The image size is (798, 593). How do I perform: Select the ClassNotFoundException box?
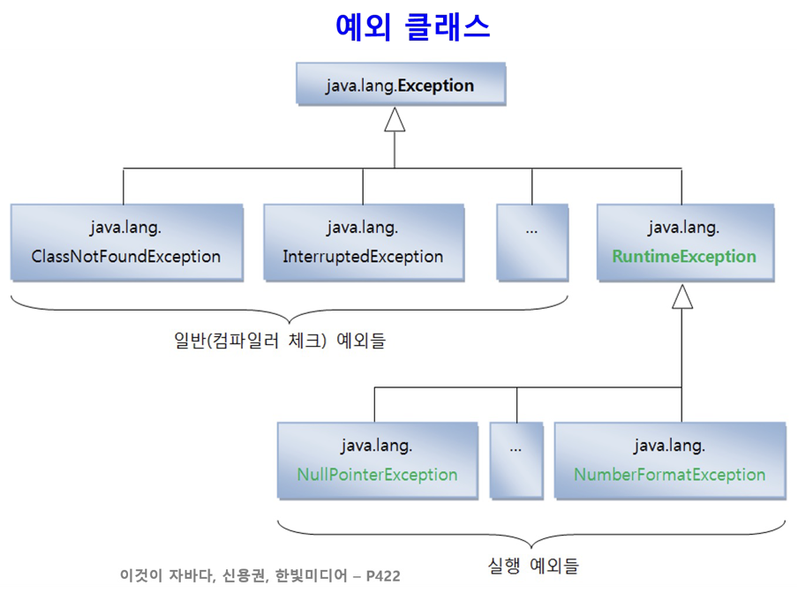click(126, 243)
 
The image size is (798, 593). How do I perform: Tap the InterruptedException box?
click(363, 243)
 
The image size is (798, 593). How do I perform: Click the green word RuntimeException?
click(683, 257)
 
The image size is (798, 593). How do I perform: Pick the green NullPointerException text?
click(377, 475)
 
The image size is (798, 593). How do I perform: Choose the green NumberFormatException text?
click(669, 475)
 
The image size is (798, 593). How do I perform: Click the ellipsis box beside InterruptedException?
click(532, 243)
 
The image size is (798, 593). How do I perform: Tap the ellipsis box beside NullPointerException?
click(516, 460)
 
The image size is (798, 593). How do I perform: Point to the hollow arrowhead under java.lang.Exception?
click(395, 119)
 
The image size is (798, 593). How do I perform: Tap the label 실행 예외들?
click(533, 564)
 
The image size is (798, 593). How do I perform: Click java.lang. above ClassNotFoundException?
click(125, 228)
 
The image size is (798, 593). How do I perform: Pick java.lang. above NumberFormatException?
click(669, 445)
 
